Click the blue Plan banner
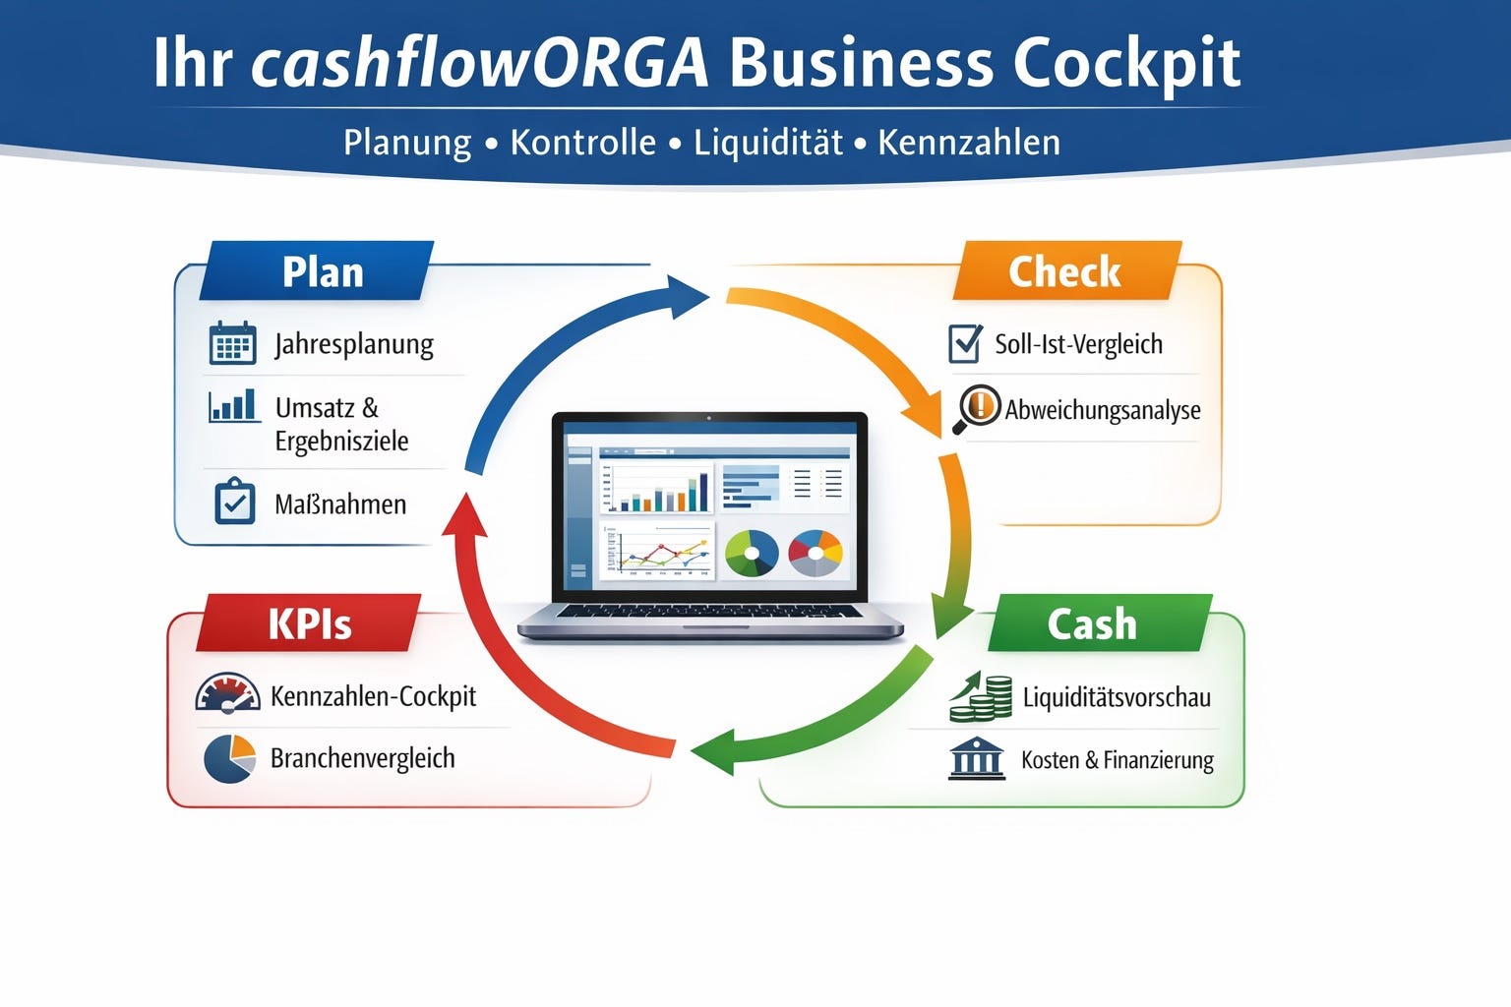click(x=317, y=271)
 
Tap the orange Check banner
click(x=1066, y=271)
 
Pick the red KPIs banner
click(x=309, y=623)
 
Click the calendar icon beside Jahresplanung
click(x=233, y=343)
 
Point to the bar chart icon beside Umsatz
click(x=233, y=405)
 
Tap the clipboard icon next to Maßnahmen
click(x=234, y=502)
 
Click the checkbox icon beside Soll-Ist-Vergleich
click(x=965, y=343)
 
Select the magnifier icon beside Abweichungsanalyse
click(x=977, y=408)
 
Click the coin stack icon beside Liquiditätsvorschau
click(x=981, y=697)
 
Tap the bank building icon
click(x=976, y=759)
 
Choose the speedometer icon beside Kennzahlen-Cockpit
click(x=227, y=693)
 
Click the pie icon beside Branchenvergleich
click(x=229, y=758)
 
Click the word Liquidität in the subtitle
click(x=767, y=143)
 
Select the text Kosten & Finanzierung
click(x=1117, y=760)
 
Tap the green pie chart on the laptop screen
click(x=751, y=553)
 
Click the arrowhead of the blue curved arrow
click(x=687, y=295)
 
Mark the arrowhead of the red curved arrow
click(x=464, y=516)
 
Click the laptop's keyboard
click(x=708, y=612)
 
